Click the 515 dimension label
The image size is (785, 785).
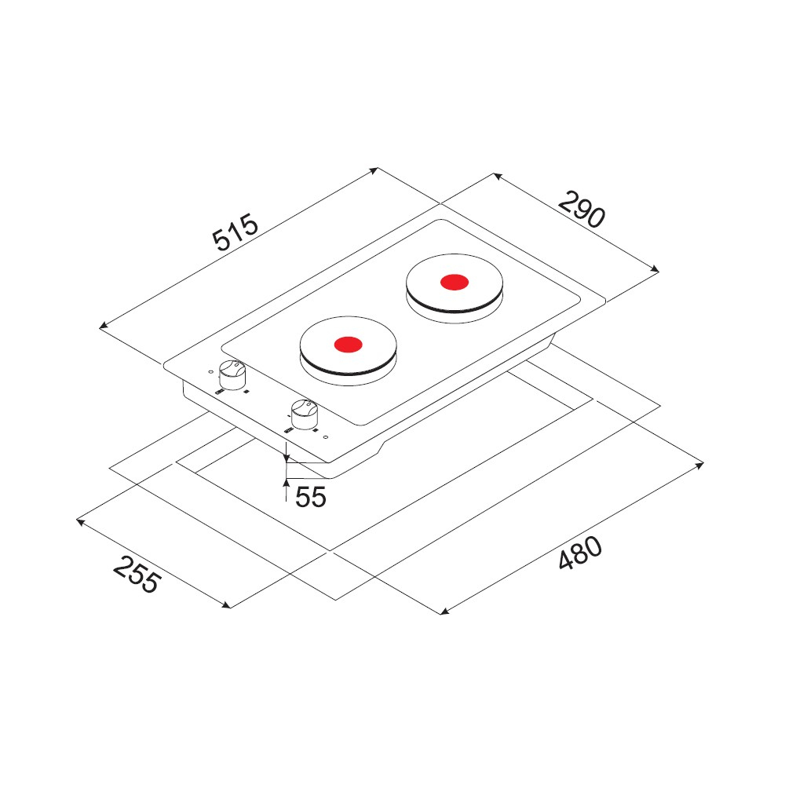coord(235,232)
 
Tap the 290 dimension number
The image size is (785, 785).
coord(582,210)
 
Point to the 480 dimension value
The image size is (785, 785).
coord(580,553)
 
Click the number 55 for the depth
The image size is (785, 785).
coord(310,497)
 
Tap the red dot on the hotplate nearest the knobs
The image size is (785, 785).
coord(348,345)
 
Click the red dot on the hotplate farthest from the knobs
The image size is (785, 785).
coord(455,283)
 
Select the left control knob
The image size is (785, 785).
coord(232,374)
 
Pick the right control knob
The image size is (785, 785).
coord(304,414)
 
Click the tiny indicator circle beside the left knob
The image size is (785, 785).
coord(210,372)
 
